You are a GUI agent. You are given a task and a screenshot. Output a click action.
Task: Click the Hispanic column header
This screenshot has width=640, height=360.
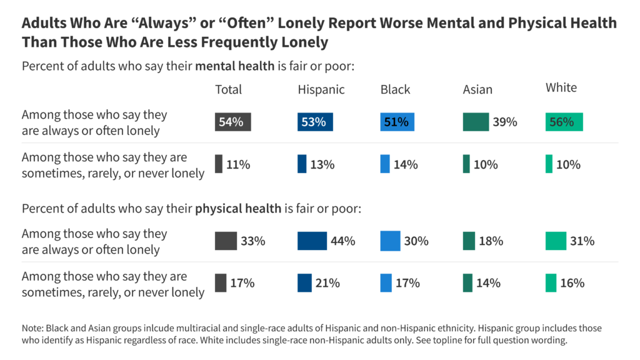(x=321, y=89)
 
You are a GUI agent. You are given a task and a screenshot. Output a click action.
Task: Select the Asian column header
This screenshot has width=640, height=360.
(x=477, y=89)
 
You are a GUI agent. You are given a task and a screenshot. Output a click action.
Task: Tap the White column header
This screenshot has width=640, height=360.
(x=561, y=87)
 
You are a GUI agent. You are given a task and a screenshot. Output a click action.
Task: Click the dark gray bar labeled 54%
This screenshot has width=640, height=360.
(x=231, y=122)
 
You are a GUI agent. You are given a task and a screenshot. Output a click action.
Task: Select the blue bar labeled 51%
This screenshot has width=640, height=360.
(x=397, y=122)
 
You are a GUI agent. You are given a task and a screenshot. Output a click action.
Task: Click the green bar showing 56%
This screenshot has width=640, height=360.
(x=564, y=122)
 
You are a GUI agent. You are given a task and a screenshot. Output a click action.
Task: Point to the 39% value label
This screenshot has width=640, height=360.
(x=504, y=122)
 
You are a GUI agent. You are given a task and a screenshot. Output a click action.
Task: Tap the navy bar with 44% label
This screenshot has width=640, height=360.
(x=312, y=241)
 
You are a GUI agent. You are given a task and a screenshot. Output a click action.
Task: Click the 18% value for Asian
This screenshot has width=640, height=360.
(x=491, y=241)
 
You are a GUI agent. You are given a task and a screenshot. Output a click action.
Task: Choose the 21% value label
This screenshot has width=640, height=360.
(x=327, y=283)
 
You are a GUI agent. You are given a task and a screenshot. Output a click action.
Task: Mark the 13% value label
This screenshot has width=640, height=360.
(x=322, y=164)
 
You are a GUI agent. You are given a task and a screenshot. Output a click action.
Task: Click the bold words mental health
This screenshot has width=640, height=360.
(x=235, y=66)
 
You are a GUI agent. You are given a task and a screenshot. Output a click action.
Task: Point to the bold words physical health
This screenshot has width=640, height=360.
(x=238, y=208)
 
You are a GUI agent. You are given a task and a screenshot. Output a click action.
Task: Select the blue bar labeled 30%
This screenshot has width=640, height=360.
(x=390, y=241)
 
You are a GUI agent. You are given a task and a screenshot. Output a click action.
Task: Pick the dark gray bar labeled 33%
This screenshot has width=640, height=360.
(x=226, y=241)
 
